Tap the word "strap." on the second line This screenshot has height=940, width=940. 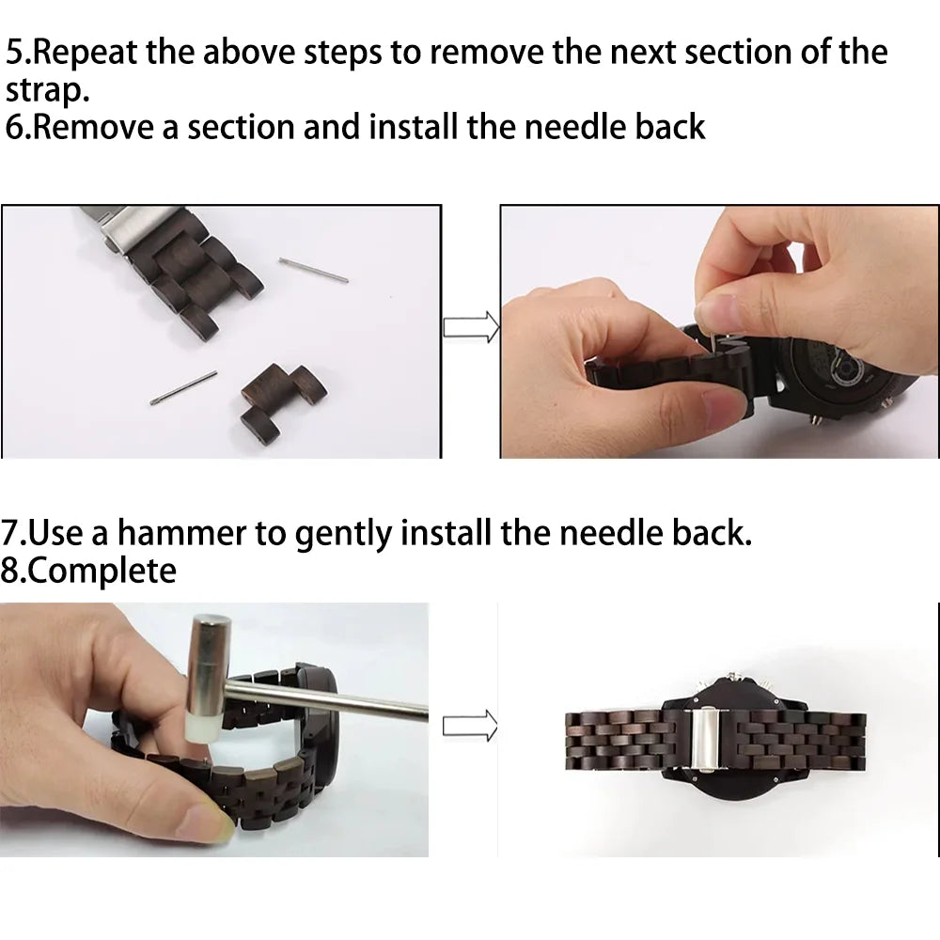click(x=48, y=91)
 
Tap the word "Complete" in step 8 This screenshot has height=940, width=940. click(x=102, y=571)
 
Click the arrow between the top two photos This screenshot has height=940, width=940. click(x=471, y=327)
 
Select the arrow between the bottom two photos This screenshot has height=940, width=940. click(x=470, y=726)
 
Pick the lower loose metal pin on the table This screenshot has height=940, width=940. click(x=183, y=387)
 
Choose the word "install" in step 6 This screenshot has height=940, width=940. click(x=413, y=127)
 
